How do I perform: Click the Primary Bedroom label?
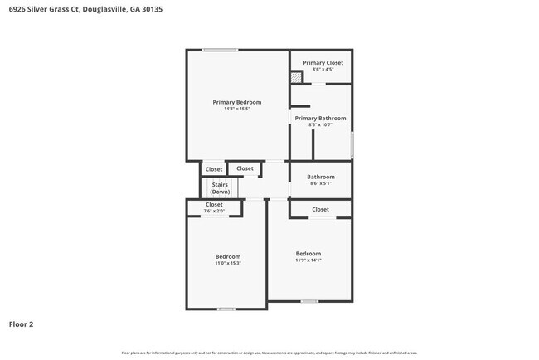[236, 102]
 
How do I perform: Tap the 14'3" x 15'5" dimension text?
[236, 109]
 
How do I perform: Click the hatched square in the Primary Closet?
[296, 78]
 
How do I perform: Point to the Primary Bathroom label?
[320, 118]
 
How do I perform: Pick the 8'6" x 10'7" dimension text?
[320, 124]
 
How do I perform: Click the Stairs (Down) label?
[220, 187]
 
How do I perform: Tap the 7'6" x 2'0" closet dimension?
[214, 211]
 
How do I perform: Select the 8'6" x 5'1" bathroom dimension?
[320, 183]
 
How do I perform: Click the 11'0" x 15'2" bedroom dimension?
[228, 263]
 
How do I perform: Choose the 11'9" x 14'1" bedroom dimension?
[308, 260]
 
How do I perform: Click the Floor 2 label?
[21, 324]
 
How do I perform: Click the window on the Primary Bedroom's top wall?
[220, 50]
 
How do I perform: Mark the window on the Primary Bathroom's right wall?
[352, 144]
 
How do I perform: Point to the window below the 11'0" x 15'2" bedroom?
[226, 309]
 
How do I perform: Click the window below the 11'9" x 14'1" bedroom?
[308, 300]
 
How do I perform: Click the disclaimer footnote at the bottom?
[269, 353]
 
